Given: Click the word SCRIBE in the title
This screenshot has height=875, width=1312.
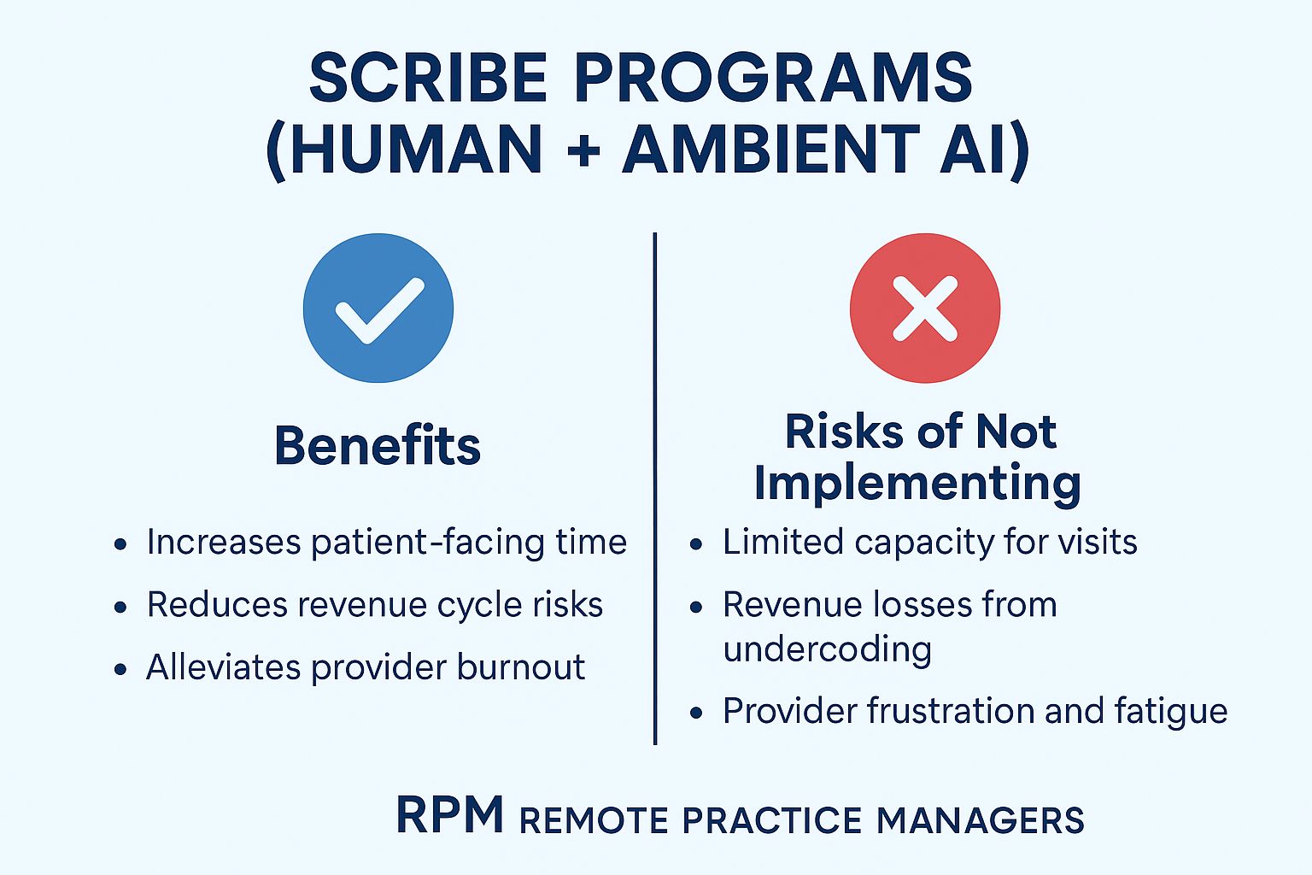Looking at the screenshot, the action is pos(428,78).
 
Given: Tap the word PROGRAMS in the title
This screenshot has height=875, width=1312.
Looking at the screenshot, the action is pos(774,78).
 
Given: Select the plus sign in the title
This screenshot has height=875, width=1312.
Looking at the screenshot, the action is pos(583,150).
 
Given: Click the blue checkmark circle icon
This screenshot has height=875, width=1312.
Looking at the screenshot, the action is pos(378,308).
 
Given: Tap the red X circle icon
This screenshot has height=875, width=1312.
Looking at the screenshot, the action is pos(925,308).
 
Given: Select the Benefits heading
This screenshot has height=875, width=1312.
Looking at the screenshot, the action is pos(378,445).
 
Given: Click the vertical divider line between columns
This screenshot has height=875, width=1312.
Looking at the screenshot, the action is pos(655,489).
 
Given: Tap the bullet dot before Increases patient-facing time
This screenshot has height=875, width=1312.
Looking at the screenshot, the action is pos(120,544).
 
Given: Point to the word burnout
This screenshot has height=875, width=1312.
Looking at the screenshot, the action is pos(521,667).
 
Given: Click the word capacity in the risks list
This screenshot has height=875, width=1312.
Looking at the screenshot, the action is pos(924,543).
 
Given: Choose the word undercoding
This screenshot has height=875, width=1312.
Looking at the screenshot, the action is pos(827,649).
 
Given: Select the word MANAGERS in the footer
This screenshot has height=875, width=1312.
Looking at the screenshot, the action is pos(980,819).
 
